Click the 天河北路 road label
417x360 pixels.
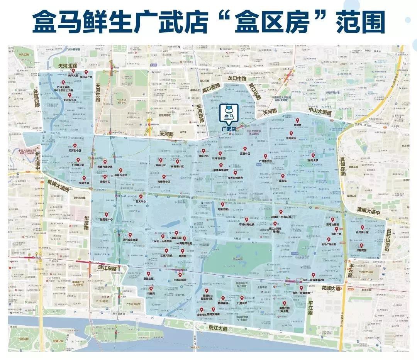click(68, 66)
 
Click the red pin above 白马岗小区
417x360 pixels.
click(362, 228)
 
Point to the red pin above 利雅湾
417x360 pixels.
click(151, 288)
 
